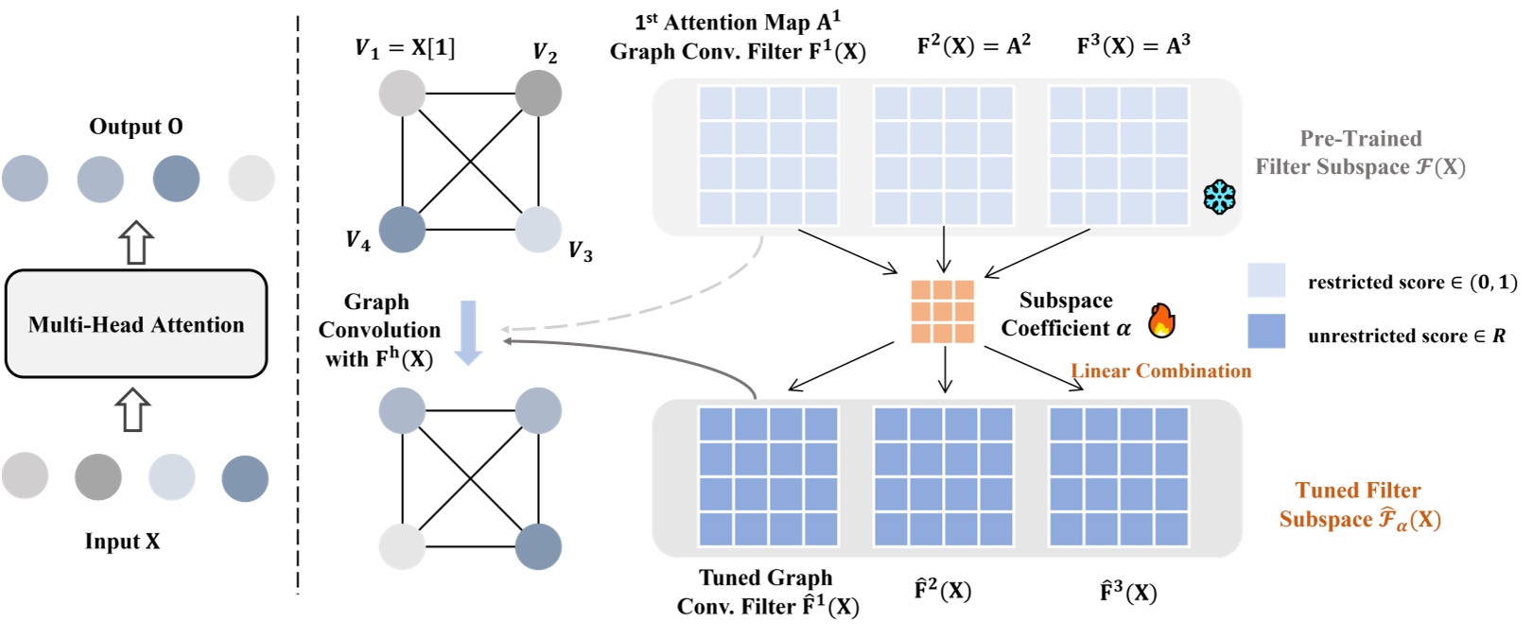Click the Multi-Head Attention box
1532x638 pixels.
coord(136,324)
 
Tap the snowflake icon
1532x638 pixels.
coord(1220,197)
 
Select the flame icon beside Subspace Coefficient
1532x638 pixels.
coord(1161,321)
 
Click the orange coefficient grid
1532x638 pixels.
coord(942,311)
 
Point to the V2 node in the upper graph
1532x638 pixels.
coord(538,93)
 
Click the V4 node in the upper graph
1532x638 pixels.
coord(402,229)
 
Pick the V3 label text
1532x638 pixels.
coord(580,251)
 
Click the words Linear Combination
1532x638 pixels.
coord(1160,371)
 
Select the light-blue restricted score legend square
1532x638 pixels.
coord(1266,281)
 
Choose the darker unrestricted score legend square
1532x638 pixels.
coord(1266,332)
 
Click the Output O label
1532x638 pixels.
coord(136,127)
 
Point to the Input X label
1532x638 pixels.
coord(122,542)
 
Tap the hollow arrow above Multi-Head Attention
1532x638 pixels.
coord(136,243)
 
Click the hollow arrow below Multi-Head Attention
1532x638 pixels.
coord(132,409)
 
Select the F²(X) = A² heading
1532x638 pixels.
coord(973,45)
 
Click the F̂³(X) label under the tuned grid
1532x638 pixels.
coord(1127,593)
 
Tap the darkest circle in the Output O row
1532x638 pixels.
coord(176,179)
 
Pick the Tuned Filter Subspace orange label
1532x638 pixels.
coord(1359,505)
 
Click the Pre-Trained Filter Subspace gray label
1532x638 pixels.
coord(1360,153)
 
